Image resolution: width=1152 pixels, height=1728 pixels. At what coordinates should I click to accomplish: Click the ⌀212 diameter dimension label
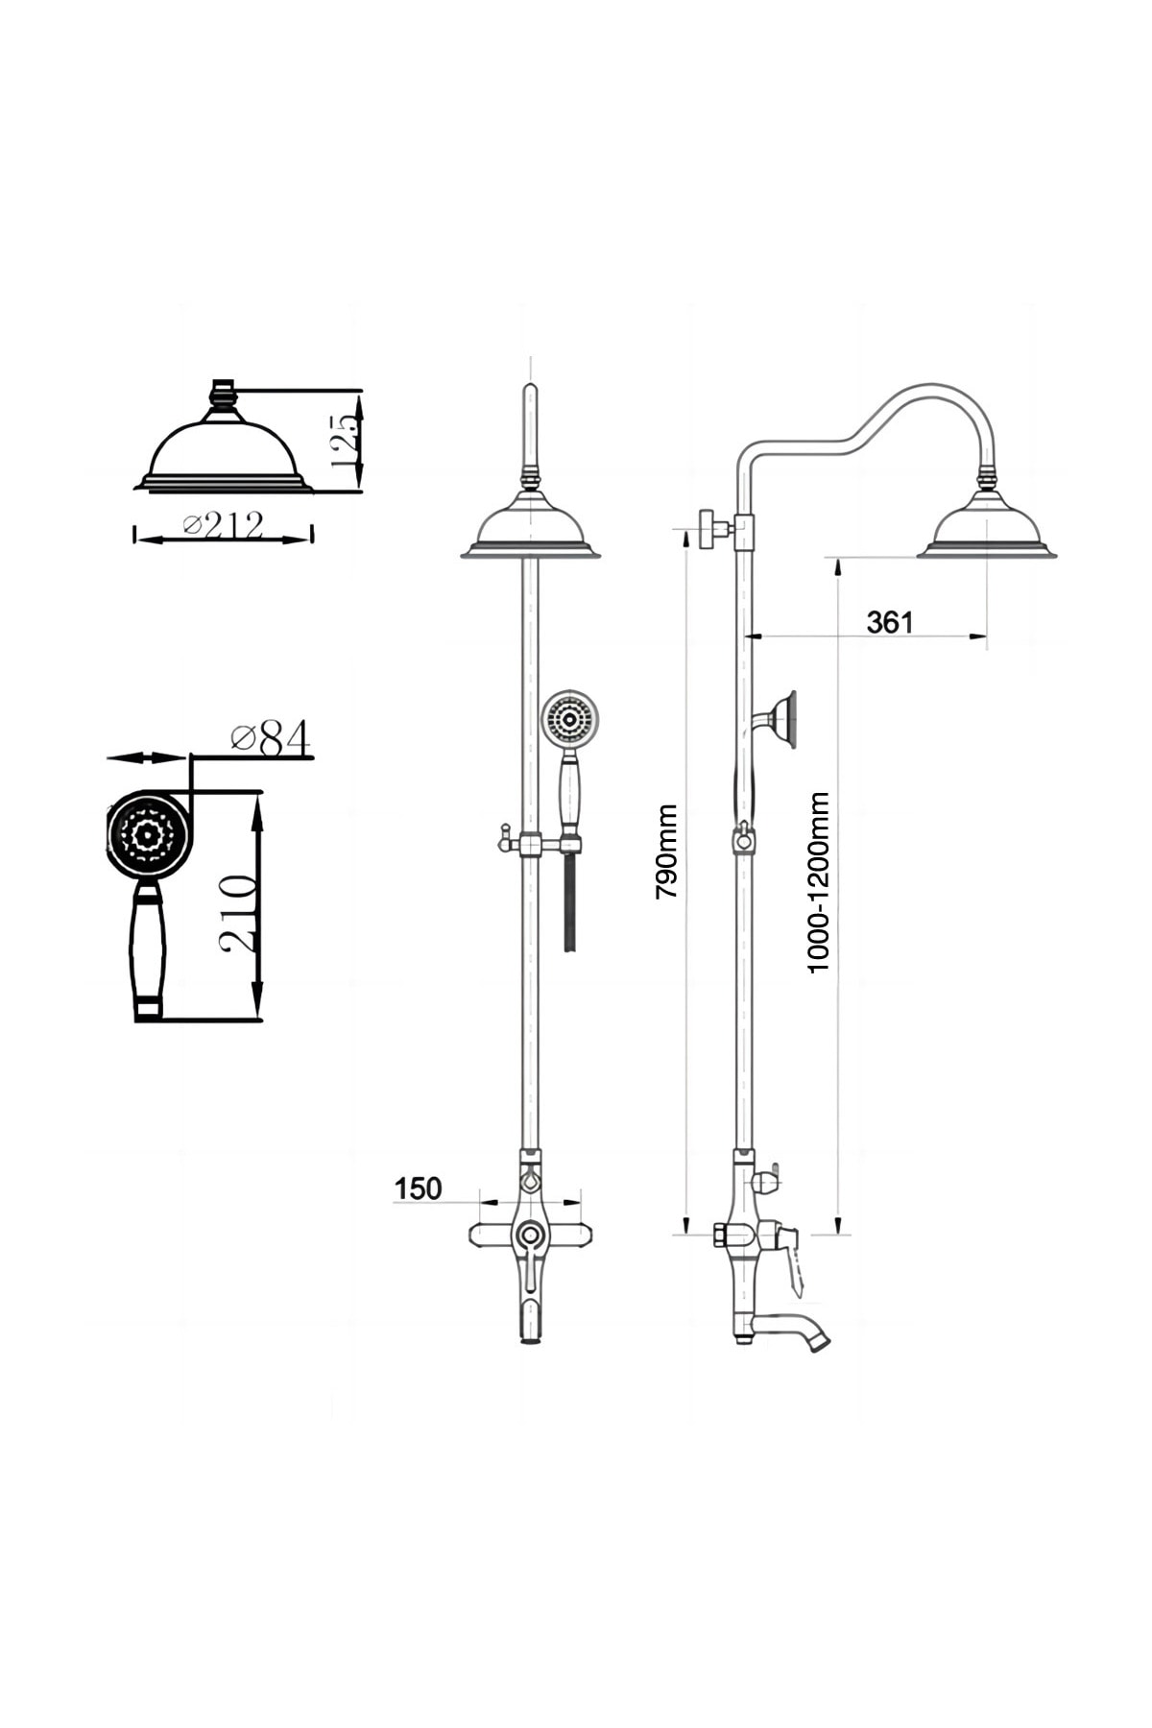tap(224, 525)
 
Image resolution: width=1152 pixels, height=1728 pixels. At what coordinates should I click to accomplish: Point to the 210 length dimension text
tap(237, 913)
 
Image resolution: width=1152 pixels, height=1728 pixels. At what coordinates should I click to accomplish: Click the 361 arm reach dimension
tap(890, 622)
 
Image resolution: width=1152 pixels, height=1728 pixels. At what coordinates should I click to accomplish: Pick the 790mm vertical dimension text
tap(666, 852)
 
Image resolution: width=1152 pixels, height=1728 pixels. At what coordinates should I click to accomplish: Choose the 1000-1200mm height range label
tap(817, 882)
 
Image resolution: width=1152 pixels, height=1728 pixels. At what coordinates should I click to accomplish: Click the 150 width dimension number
tap(418, 1188)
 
